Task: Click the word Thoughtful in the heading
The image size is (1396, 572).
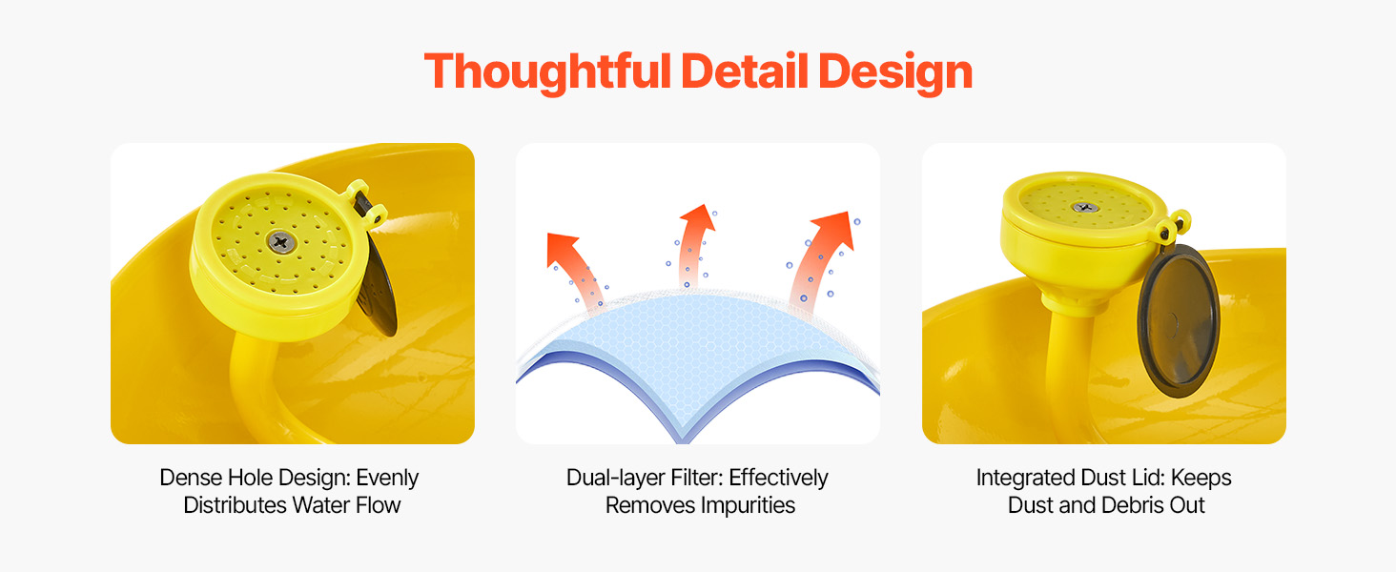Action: (x=547, y=72)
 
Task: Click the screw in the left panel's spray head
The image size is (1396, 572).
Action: (x=280, y=241)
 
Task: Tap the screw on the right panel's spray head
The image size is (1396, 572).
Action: (x=1085, y=208)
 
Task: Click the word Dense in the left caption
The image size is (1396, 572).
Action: (x=191, y=478)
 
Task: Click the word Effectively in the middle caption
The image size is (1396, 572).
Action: (x=778, y=479)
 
